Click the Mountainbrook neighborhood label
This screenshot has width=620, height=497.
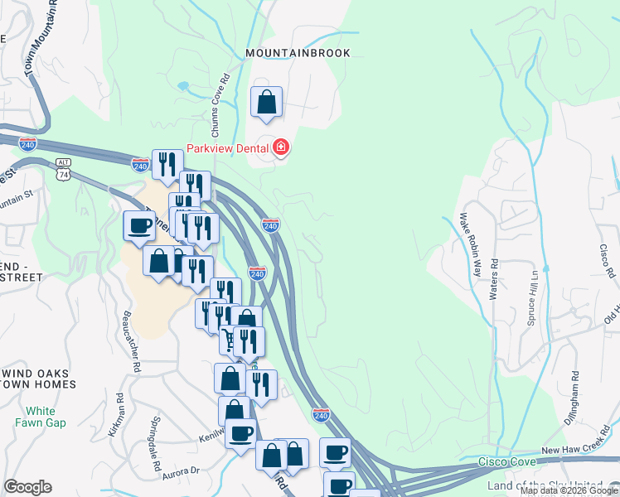click(x=298, y=53)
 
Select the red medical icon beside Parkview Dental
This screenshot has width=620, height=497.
click(x=281, y=148)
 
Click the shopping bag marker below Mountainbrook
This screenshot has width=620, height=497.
click(x=267, y=103)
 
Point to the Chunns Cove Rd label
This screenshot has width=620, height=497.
click(x=220, y=107)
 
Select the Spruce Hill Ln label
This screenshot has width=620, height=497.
click(x=534, y=295)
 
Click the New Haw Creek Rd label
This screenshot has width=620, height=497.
click(x=575, y=449)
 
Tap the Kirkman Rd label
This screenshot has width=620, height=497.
click(x=115, y=415)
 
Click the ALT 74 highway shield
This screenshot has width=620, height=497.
click(x=64, y=171)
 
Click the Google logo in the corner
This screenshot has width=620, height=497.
click(x=27, y=487)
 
